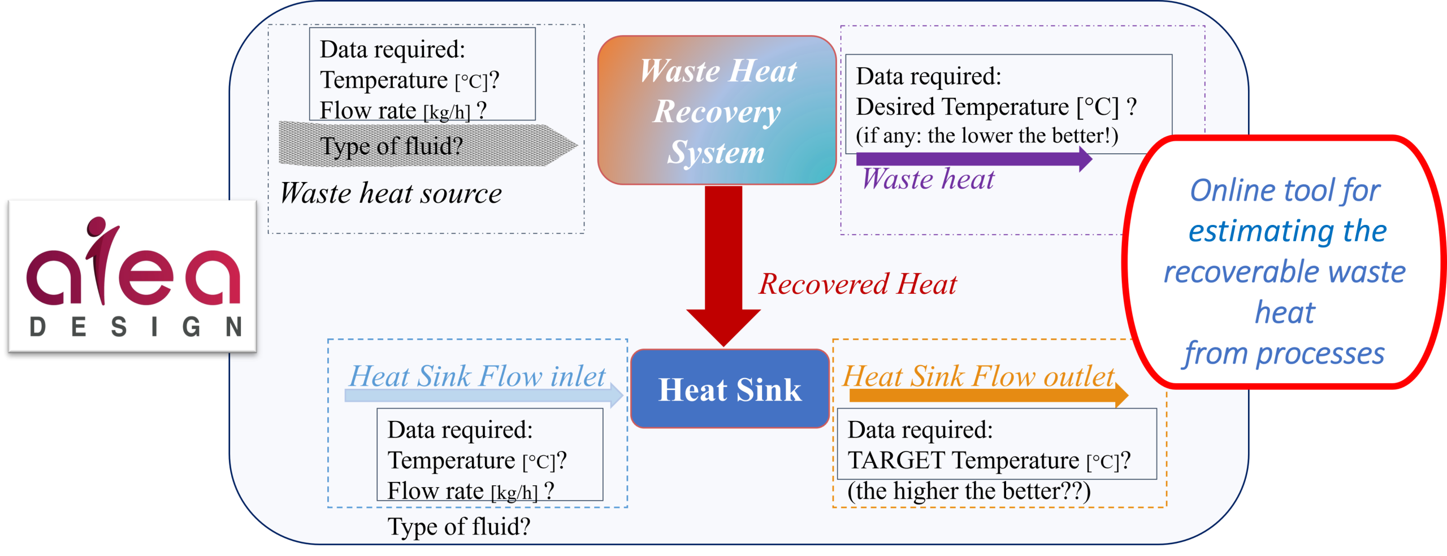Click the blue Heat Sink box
[x=729, y=389]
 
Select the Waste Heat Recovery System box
[x=717, y=110]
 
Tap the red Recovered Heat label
[x=857, y=284]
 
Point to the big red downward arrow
[x=723, y=266]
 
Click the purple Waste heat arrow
[x=974, y=159]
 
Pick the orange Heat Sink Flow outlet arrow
[x=989, y=395]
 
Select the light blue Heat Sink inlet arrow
[x=484, y=395]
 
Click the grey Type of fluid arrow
[x=428, y=145]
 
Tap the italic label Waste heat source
[x=391, y=193]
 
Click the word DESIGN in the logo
[x=136, y=327]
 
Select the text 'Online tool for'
[x=1285, y=190]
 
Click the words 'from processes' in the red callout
[x=1284, y=354]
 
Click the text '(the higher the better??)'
[x=969, y=490]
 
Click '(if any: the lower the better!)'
[x=987, y=136]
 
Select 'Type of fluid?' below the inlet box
[x=459, y=527]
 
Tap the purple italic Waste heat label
[x=928, y=179]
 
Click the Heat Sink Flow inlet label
[x=477, y=376]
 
